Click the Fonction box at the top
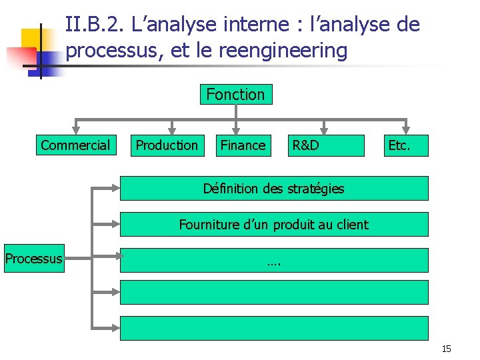click(x=235, y=95)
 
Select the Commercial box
click(x=75, y=145)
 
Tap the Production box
click(x=167, y=145)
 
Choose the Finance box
click(x=243, y=145)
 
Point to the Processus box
click(x=34, y=259)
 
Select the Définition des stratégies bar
click(x=273, y=189)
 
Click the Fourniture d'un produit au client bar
click(x=273, y=225)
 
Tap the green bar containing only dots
click(x=273, y=261)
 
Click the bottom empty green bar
click(x=273, y=328)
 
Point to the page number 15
click(x=446, y=349)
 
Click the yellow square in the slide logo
click(x=35, y=42)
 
